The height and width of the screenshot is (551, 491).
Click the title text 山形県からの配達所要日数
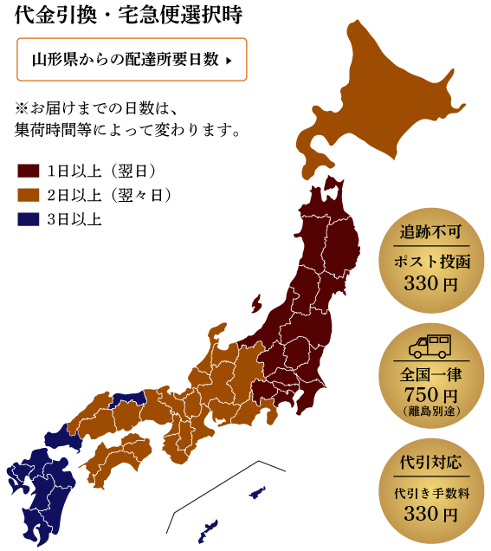click(x=125, y=60)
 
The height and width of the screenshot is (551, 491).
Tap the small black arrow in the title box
click(x=228, y=61)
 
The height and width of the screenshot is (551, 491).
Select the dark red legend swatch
click(x=29, y=171)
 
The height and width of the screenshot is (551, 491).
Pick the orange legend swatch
click(x=29, y=195)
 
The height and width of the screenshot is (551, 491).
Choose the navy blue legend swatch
click(x=29, y=219)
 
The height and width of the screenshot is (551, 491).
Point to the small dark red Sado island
click(x=256, y=303)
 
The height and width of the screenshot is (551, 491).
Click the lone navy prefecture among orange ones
click(x=127, y=398)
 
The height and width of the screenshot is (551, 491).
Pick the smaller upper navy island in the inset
click(x=256, y=494)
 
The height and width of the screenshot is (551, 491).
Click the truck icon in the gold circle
click(x=430, y=346)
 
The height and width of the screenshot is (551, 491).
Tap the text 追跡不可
click(x=431, y=235)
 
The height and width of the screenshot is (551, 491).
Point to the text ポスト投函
click(x=431, y=262)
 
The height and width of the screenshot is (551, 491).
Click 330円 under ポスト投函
click(x=431, y=284)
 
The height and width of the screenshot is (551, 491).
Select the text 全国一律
click(x=431, y=375)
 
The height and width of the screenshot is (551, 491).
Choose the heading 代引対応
click(x=431, y=460)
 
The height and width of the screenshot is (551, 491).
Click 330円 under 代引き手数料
click(x=431, y=514)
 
